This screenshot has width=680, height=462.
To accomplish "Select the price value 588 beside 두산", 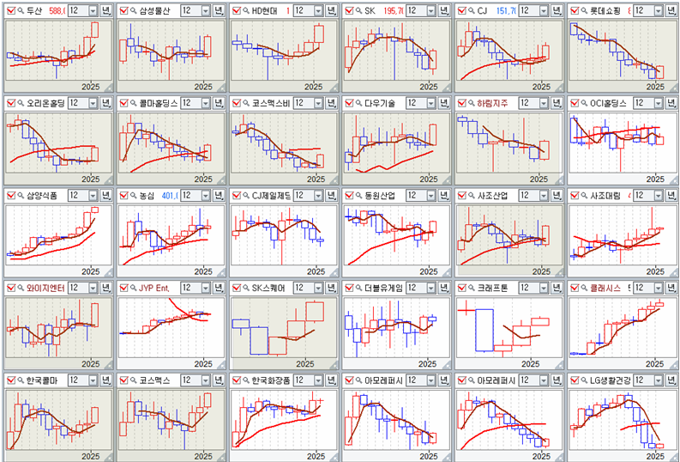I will coord(57,10).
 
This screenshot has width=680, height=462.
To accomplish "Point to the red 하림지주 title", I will coord(491,103).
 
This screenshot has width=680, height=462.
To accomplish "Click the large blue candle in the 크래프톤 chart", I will coord(485,331).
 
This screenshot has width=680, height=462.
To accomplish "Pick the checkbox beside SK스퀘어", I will coord(237,288).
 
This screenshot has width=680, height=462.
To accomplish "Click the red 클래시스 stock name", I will coord(605,288).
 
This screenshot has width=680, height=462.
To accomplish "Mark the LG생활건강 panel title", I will coord(611,380).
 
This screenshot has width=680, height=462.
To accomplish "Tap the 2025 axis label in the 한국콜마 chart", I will coord(90,455).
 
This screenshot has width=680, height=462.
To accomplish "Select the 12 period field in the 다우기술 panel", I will coord(412,103).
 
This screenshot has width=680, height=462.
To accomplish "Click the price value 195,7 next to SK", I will coord(393,10).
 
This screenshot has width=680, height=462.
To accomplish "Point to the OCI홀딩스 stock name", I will coord(608,103).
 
